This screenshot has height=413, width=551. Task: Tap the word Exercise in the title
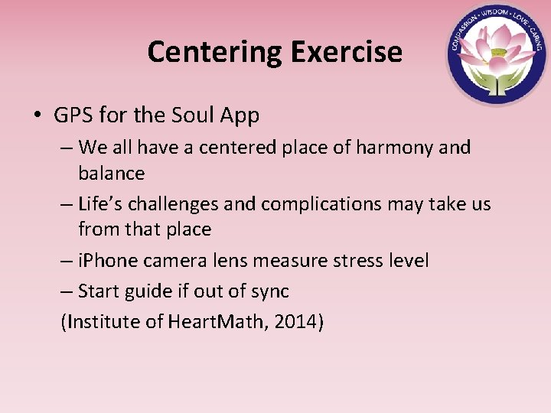345,52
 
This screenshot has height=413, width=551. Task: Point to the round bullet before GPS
37,116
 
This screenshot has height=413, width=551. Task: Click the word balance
111,174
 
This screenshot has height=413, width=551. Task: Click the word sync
269,291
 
